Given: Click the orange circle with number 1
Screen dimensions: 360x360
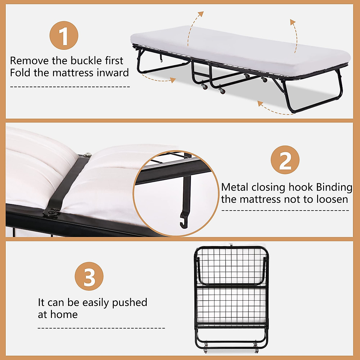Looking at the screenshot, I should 64,35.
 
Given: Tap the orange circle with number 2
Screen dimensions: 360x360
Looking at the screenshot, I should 285,160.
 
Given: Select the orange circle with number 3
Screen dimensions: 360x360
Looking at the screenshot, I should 89,276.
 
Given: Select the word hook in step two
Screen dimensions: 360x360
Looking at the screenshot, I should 300,187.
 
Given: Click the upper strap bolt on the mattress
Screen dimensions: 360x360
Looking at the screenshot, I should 88,155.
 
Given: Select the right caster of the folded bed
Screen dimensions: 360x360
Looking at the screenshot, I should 256,348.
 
